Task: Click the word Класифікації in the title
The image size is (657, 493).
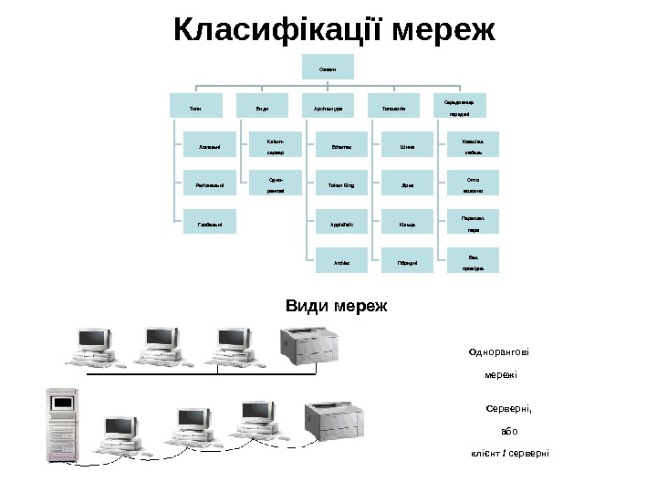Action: click(x=277, y=30)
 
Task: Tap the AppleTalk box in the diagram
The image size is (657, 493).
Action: click(x=339, y=224)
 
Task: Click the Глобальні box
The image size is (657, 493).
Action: click(x=209, y=224)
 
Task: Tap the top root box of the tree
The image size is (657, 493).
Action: click(x=328, y=67)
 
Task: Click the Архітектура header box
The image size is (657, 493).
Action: click(x=328, y=107)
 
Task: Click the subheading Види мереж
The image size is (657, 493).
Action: click(x=336, y=306)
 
